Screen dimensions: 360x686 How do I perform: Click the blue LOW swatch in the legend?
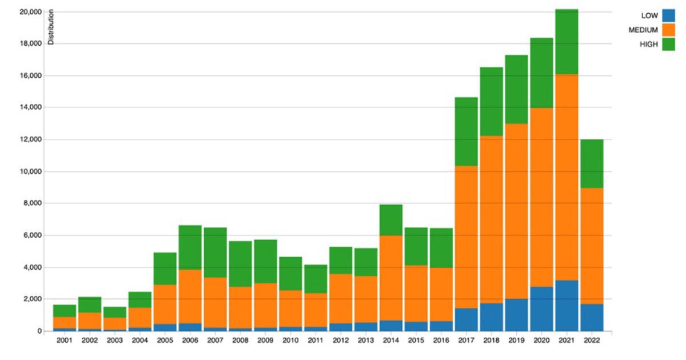click(x=668, y=15)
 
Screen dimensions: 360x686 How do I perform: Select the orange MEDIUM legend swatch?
click(x=668, y=30)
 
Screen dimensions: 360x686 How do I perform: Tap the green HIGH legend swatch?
click(x=668, y=44)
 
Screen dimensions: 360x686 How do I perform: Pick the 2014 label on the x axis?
click(x=391, y=341)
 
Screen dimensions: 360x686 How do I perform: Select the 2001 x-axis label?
click(x=65, y=341)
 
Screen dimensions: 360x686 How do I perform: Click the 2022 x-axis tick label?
click(x=592, y=341)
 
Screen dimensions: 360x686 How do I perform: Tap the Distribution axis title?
click(x=51, y=27)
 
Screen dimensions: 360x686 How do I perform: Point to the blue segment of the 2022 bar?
click(x=592, y=318)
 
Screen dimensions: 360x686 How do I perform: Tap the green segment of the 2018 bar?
click(x=492, y=102)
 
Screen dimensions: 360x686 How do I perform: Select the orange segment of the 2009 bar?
click(x=266, y=305)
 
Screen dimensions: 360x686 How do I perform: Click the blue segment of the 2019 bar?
click(x=517, y=315)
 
